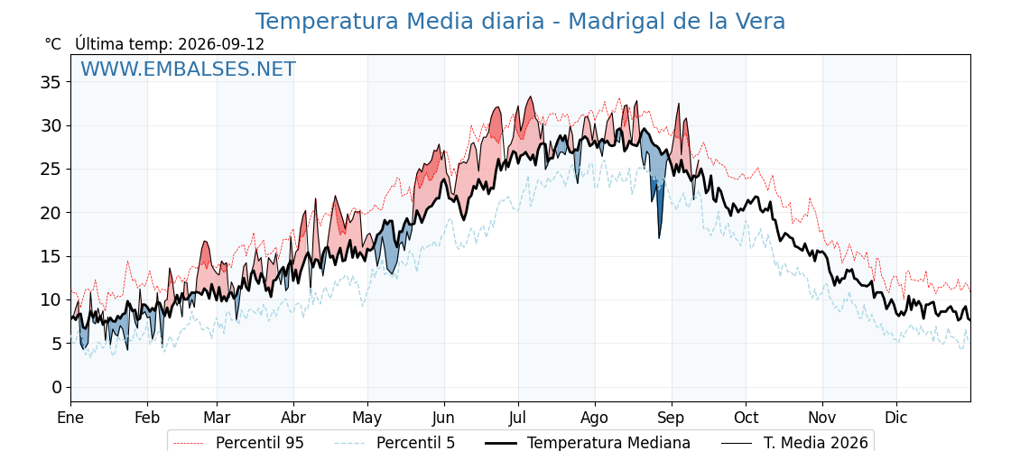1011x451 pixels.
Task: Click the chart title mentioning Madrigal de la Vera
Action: pyautogui.click(x=520, y=22)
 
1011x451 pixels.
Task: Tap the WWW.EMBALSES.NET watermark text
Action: pyautogui.click(x=189, y=69)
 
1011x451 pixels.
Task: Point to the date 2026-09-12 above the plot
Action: pyautogui.click(x=221, y=44)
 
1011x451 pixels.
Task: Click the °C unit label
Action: pyautogui.click(x=53, y=44)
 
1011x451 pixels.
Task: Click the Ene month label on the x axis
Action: pyautogui.click(x=70, y=418)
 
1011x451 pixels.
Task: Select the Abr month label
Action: pyautogui.click(x=293, y=418)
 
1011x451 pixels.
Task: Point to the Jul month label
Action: pyautogui.click(x=518, y=418)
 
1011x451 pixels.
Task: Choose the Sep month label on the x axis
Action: pyautogui.click(x=672, y=418)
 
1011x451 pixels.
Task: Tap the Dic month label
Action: pyautogui.click(x=896, y=418)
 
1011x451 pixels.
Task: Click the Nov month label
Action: pyautogui.click(x=822, y=418)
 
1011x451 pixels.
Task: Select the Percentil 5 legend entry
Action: pyautogui.click(x=394, y=443)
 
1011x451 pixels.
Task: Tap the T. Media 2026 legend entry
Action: pyautogui.click(x=795, y=443)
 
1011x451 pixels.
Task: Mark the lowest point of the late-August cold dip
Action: pyautogui.click(x=659, y=238)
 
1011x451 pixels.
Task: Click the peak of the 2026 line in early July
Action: pyautogui.click(x=531, y=97)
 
